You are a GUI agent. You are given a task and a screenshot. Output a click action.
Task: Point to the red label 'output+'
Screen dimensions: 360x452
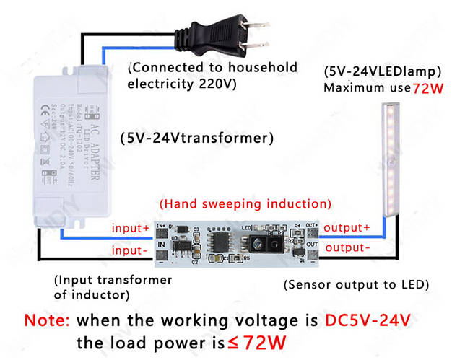pyautogui.click(x=347, y=227)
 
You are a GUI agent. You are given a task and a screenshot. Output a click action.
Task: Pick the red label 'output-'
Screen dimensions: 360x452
pyautogui.click(x=347, y=248)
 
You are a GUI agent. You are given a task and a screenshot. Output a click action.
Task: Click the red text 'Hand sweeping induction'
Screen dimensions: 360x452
pyautogui.click(x=245, y=203)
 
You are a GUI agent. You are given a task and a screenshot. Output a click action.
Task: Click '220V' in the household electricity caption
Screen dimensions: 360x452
pyautogui.click(x=217, y=84)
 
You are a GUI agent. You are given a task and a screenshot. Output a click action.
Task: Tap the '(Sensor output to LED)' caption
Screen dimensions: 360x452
pyautogui.click(x=357, y=284)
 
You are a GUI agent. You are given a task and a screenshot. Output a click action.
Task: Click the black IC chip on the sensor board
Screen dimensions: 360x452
pyautogui.click(x=216, y=238)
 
